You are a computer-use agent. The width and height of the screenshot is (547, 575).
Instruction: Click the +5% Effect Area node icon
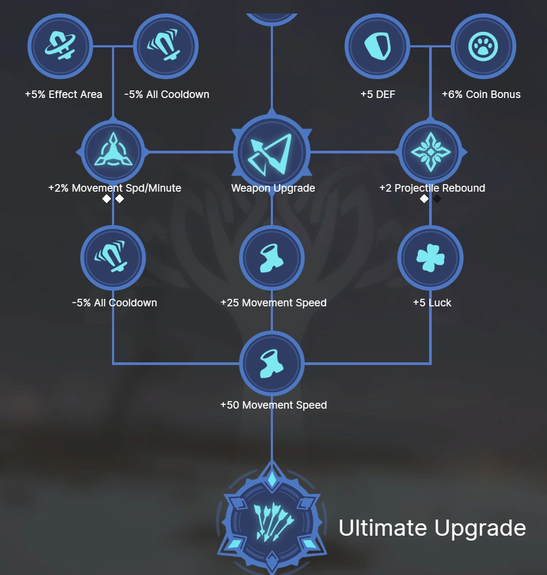60,46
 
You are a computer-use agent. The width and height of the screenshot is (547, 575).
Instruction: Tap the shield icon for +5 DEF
377,46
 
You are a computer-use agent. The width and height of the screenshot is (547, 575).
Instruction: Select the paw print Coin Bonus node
483,46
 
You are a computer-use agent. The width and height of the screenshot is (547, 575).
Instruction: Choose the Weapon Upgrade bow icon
272,152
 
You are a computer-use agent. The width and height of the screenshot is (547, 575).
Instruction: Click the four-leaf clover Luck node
430,258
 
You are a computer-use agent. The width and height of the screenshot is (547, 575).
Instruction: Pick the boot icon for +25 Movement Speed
272,258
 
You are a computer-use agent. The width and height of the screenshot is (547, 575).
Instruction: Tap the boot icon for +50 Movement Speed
272,363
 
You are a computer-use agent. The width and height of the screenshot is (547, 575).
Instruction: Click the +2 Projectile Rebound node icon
430,152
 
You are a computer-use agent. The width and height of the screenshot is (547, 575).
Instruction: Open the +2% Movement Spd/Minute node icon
113,152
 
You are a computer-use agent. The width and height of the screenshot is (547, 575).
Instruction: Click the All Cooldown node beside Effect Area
166,46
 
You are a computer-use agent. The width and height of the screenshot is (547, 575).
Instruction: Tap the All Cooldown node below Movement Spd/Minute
113,258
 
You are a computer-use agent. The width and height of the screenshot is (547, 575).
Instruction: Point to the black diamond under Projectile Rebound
437,199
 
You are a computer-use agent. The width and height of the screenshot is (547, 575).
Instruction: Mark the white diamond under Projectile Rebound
424,199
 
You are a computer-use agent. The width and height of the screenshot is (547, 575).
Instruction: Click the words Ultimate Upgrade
432,528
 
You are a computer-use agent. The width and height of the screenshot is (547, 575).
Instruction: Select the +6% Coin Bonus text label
481,95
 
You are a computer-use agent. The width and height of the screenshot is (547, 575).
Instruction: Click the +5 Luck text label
432,303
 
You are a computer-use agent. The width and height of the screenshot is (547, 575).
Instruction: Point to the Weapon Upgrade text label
273,188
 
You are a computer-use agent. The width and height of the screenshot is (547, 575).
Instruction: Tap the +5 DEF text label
377,95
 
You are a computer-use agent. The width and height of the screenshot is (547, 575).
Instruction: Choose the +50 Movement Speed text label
273,405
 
